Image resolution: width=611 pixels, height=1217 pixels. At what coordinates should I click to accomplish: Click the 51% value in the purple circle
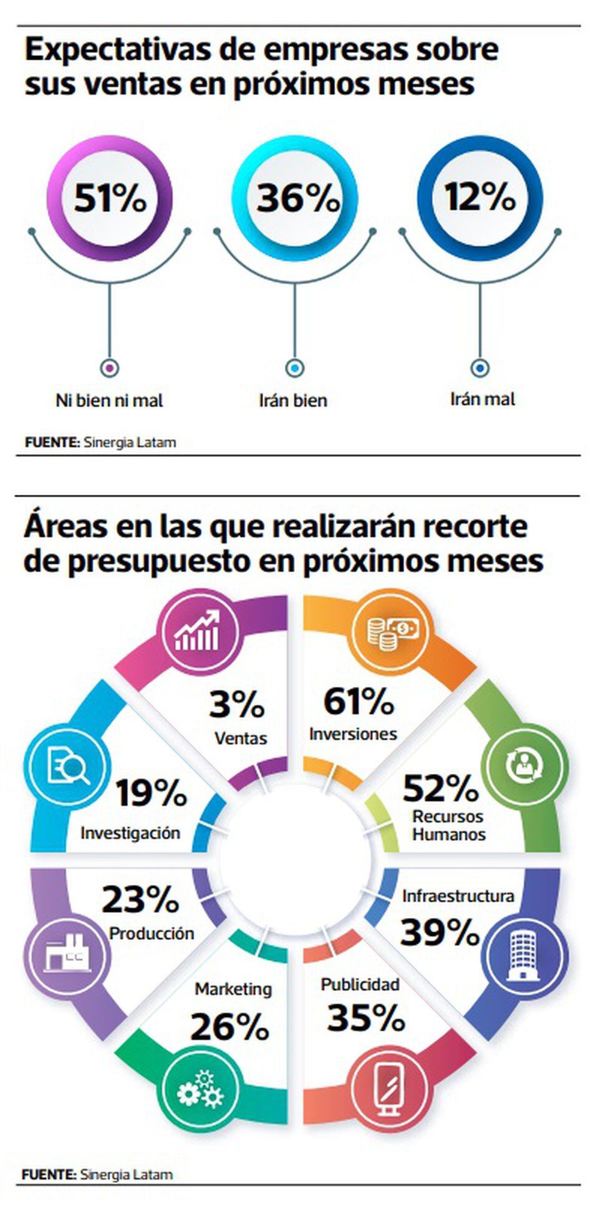[x=110, y=198]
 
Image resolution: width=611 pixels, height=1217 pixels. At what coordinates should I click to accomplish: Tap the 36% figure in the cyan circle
[x=297, y=198]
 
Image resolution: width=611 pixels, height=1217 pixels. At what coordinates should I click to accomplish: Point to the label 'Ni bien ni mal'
[x=109, y=400]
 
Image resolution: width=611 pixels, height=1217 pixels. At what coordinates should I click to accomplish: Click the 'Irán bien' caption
[x=293, y=400]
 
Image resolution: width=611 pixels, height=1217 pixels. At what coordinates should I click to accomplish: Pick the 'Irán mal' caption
[x=483, y=399]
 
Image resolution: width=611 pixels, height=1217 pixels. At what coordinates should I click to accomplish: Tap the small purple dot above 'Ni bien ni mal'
[x=110, y=368]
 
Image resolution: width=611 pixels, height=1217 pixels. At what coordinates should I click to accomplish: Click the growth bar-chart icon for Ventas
[x=198, y=632]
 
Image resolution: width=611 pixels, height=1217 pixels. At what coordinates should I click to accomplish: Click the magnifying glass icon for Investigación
[x=67, y=766]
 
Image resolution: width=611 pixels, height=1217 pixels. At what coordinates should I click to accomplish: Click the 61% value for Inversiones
[x=358, y=701]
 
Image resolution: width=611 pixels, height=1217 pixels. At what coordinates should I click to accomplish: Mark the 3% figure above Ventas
[x=237, y=705]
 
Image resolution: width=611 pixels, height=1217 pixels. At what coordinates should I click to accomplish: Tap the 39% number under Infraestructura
[x=440, y=933]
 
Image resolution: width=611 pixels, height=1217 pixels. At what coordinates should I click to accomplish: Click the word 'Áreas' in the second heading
[x=65, y=527]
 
